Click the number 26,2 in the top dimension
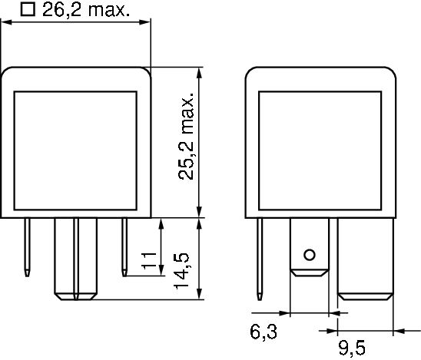click(63, 10)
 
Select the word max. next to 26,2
click(106, 10)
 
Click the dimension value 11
click(151, 263)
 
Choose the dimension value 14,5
click(182, 269)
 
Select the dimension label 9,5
click(350, 348)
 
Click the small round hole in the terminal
click(309, 255)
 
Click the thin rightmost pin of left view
click(125, 246)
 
